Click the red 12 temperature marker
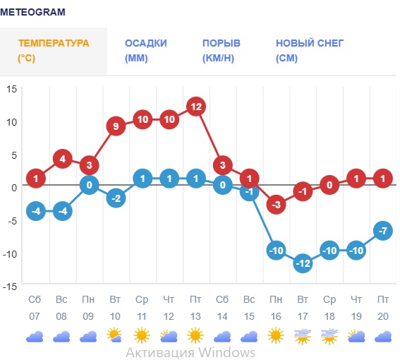(196, 107)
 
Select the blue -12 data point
(303, 263)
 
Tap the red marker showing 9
(116, 126)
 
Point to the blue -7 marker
(383, 230)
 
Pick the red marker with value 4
(62, 159)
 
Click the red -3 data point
(276, 205)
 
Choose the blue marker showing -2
(116, 198)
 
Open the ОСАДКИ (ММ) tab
(146, 51)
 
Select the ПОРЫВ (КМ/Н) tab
(222, 51)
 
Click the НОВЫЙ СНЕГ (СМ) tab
(310, 51)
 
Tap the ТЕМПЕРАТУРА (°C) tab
(54, 51)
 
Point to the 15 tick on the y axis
(11, 89)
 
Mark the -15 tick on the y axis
(10, 285)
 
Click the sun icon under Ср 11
(143, 336)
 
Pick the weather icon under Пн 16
(276, 336)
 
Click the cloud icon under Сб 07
(35, 337)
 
